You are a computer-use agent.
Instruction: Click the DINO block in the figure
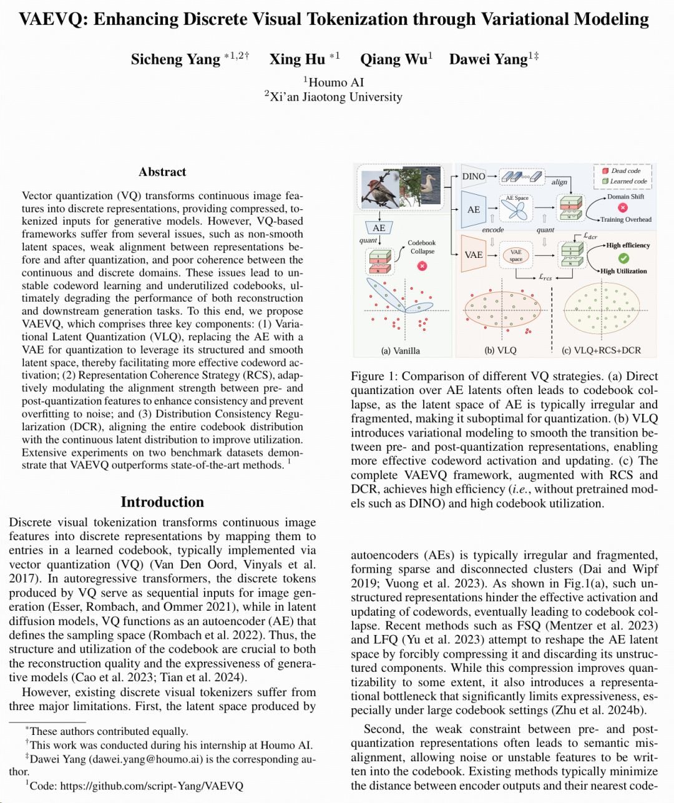tap(474, 177)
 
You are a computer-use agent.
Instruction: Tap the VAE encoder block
tap(474, 255)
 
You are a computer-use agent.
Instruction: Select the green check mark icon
tap(623, 258)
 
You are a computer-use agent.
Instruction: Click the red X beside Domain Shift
tap(622, 208)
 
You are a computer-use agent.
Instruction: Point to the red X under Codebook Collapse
tap(422, 266)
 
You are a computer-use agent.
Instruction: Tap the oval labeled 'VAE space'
tap(516, 255)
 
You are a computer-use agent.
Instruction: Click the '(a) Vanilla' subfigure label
tap(400, 350)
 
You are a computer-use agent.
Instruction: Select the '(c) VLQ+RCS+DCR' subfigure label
tap(601, 350)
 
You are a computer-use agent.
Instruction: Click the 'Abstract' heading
tap(162, 172)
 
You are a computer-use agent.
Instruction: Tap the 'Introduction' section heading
tap(162, 502)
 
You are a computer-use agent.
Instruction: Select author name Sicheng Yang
tap(175, 59)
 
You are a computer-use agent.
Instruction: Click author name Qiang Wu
tap(393, 59)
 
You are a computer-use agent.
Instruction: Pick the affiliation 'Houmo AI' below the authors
tap(336, 82)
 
